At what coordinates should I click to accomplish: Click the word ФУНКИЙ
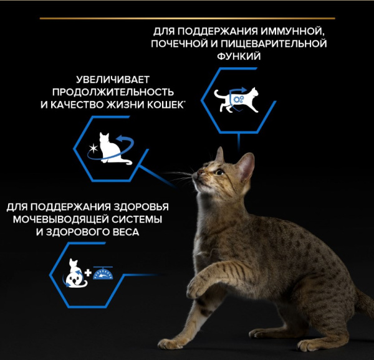point(239,57)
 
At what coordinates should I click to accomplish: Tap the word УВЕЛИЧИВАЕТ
point(113,80)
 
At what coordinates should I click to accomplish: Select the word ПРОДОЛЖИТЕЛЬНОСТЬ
point(113,92)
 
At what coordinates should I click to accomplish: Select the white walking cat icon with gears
point(236,100)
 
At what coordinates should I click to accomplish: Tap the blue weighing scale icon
point(103,273)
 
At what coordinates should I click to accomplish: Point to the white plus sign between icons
point(88,273)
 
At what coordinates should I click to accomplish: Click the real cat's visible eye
point(219,171)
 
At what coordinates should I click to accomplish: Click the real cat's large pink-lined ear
point(246,166)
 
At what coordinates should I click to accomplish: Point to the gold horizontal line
point(187,18)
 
